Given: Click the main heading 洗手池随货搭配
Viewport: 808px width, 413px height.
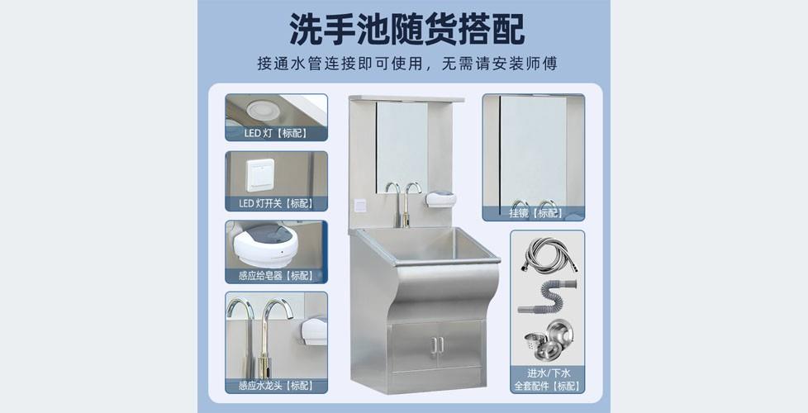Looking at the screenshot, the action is click(x=406, y=30).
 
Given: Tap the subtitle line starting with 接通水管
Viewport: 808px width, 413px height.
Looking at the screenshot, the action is click(x=407, y=64).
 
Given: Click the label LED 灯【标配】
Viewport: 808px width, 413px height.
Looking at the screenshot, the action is click(x=276, y=133).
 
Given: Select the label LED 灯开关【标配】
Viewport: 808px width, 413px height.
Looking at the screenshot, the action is click(x=276, y=203).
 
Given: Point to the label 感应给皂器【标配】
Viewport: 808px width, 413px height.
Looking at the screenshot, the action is click(x=276, y=276).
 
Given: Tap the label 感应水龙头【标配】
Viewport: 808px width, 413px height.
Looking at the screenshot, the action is click(x=276, y=385).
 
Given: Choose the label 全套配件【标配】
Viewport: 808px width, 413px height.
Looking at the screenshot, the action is click(x=547, y=386).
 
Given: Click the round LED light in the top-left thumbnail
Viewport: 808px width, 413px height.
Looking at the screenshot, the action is click(x=263, y=110).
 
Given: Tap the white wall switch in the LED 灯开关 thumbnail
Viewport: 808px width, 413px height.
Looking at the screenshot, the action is click(x=260, y=175).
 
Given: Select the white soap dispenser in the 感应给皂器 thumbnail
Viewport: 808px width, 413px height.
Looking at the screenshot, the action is click(x=265, y=245).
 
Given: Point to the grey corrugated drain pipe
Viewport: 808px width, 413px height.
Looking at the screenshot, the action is click(x=547, y=297).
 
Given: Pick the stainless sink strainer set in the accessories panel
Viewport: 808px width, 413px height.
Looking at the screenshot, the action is click(x=547, y=339).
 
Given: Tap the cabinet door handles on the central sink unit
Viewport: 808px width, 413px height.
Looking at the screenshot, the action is click(x=438, y=345).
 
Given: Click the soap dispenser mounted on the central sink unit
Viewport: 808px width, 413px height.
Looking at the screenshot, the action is click(x=441, y=199).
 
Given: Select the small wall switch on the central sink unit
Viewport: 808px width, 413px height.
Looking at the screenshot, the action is click(x=360, y=206).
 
